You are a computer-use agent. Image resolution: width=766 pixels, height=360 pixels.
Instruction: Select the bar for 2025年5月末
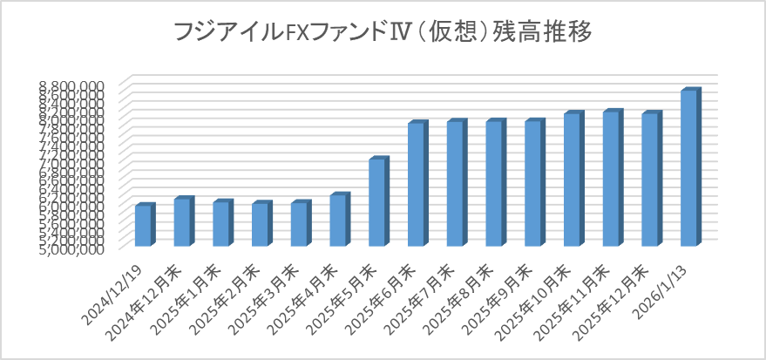(x=377, y=202)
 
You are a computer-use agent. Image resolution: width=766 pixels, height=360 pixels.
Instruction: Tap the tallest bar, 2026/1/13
(x=689, y=168)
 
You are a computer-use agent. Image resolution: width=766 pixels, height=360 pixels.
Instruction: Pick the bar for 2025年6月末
(x=417, y=185)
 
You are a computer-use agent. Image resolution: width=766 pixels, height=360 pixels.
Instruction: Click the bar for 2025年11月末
(x=612, y=179)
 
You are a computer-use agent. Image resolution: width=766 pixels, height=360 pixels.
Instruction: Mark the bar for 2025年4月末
(x=338, y=220)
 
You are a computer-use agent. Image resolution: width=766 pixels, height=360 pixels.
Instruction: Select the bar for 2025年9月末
(x=533, y=184)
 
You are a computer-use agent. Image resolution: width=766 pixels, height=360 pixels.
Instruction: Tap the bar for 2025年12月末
(x=650, y=180)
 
